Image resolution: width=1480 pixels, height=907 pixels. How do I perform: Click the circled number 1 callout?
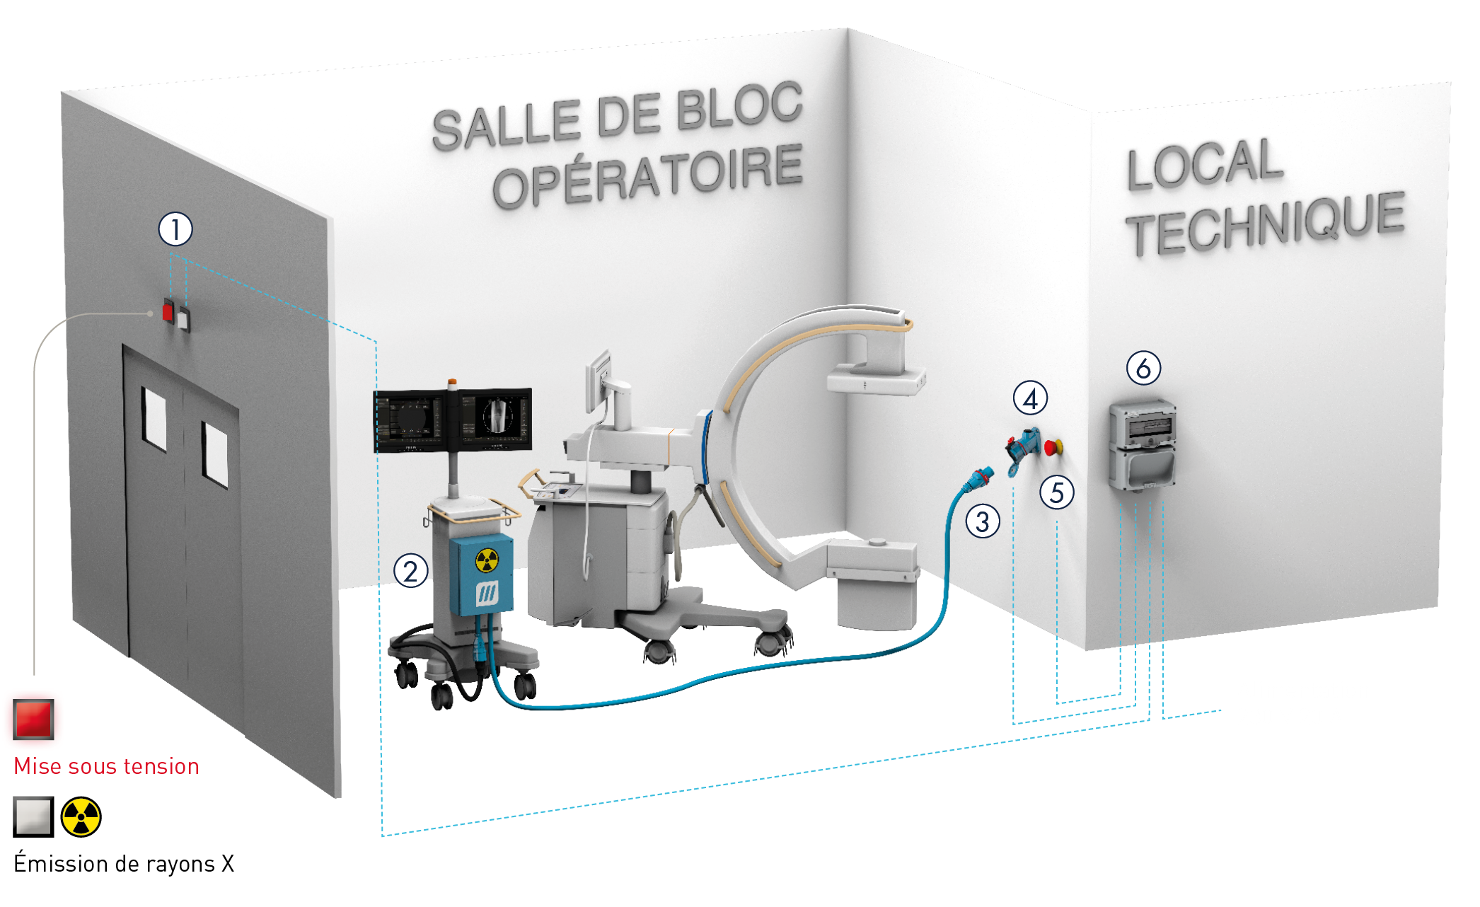pos(175,229)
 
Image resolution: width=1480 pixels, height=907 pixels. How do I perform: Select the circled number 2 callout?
pos(410,571)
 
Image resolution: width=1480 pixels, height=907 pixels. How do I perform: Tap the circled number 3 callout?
pos(983,522)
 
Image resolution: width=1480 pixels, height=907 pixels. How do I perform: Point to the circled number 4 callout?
pos(1030,399)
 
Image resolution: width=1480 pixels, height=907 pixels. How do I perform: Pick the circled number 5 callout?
pos(1057,492)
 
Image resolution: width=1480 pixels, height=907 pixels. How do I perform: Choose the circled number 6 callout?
pos(1143,368)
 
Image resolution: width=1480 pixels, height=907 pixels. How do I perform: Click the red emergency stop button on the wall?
pos(1052,447)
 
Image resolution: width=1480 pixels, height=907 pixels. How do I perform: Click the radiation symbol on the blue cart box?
pos(487,560)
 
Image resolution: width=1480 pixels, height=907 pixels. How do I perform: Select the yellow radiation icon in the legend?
pos(81,817)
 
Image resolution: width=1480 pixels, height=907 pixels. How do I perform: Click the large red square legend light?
pos(33,719)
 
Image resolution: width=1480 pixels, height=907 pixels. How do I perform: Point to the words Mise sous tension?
pos(106,766)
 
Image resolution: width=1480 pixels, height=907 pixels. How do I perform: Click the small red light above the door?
pos(168,312)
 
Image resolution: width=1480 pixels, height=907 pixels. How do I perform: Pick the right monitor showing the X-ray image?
pos(495,419)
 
